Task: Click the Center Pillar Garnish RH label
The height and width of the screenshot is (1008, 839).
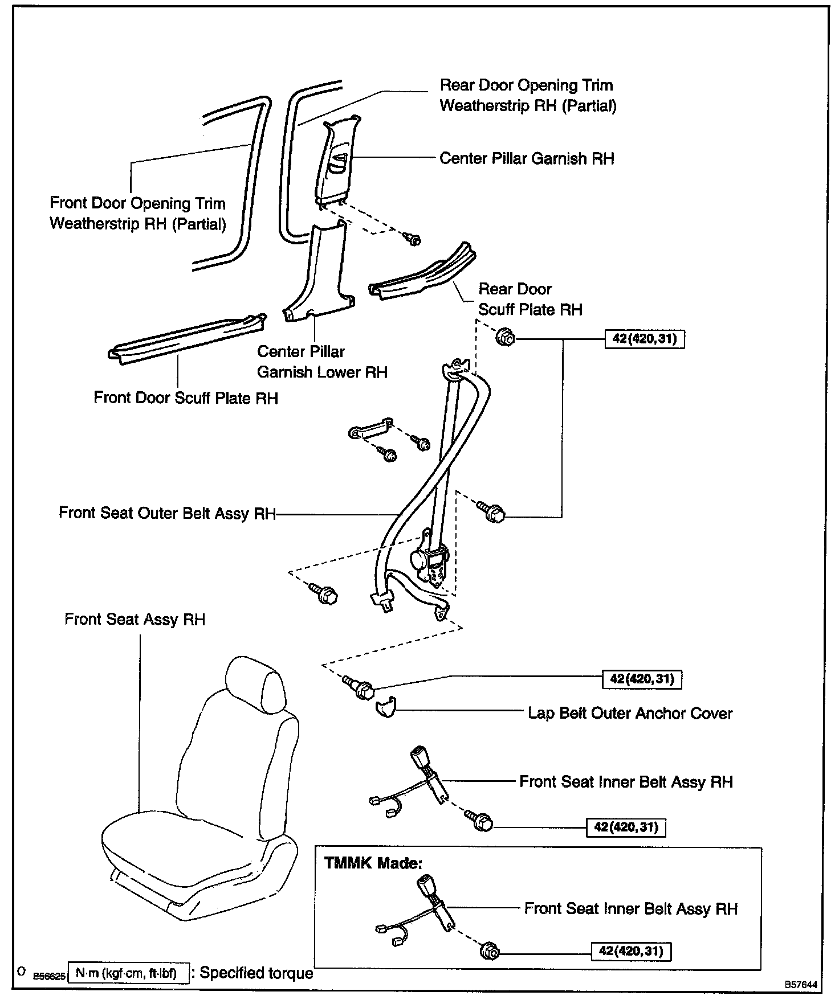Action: (x=527, y=158)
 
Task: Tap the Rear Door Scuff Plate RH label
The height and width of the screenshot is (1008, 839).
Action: (x=530, y=299)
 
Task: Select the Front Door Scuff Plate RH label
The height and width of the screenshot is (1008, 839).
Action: (x=186, y=398)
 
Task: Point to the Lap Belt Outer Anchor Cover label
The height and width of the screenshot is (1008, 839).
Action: (x=630, y=713)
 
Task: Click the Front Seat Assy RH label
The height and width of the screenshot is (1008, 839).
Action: (x=135, y=620)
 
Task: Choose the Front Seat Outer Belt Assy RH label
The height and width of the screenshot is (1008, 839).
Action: (x=167, y=513)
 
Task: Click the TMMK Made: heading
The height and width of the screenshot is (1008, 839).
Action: (x=373, y=863)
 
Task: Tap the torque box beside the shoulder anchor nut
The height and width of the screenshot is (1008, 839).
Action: (x=644, y=339)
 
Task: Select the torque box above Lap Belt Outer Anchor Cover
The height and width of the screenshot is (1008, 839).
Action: (x=642, y=679)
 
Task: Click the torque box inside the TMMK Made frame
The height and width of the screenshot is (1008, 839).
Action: (x=631, y=951)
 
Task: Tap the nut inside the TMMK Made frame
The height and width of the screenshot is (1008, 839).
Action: (x=489, y=950)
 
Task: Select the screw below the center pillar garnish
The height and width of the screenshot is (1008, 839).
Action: (x=412, y=239)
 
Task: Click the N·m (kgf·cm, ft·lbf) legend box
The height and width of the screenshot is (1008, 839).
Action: (x=128, y=973)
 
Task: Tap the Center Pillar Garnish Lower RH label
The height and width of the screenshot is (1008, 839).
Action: (x=322, y=362)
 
